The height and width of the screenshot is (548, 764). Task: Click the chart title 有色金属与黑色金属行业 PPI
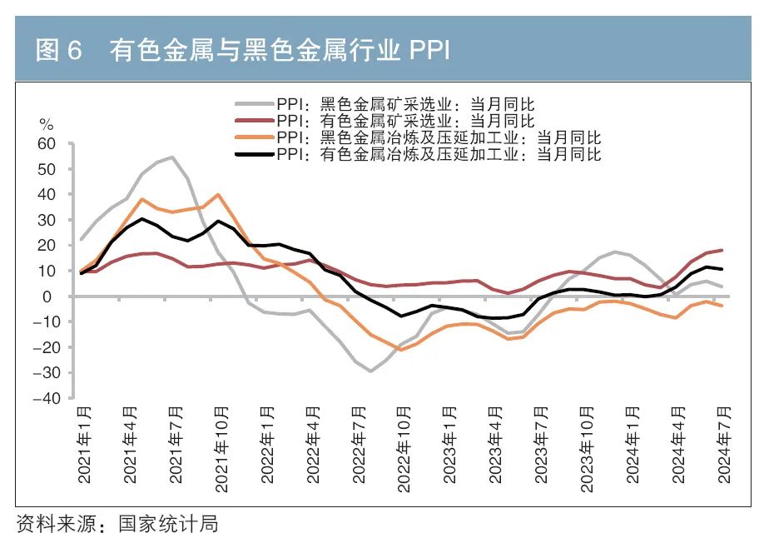[280, 52]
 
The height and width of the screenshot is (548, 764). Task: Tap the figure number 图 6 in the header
[58, 52]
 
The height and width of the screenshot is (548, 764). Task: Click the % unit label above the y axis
[47, 125]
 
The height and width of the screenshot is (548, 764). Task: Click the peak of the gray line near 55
[172, 157]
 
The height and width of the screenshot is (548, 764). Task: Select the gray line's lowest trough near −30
[370, 371]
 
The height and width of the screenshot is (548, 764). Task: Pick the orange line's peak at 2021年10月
[218, 195]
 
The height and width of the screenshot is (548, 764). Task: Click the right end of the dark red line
[722, 250]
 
